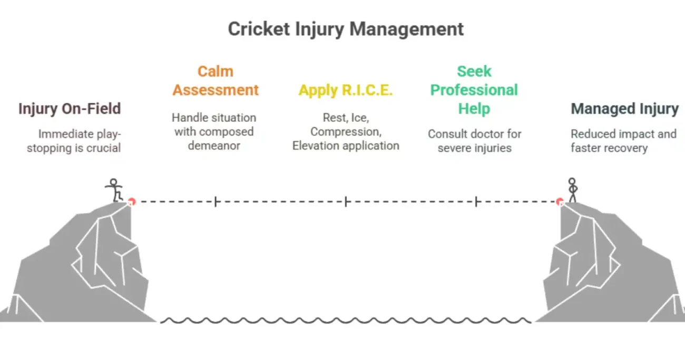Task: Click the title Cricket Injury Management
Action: click(x=346, y=29)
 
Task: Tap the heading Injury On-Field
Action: click(x=70, y=109)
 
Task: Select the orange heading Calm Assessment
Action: click(x=216, y=81)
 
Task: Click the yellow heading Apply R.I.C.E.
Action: click(x=346, y=90)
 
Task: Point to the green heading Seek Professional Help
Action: click(x=474, y=90)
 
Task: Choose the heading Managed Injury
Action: click(x=624, y=109)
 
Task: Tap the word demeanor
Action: click(x=214, y=145)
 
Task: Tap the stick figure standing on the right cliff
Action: click(x=572, y=190)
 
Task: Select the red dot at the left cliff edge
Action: click(x=132, y=201)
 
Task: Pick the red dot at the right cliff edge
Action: click(x=560, y=201)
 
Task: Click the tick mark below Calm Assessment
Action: click(x=216, y=201)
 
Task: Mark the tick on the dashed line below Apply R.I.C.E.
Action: click(x=346, y=201)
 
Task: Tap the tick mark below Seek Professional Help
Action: click(x=476, y=201)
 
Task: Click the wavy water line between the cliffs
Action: click(x=346, y=320)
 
